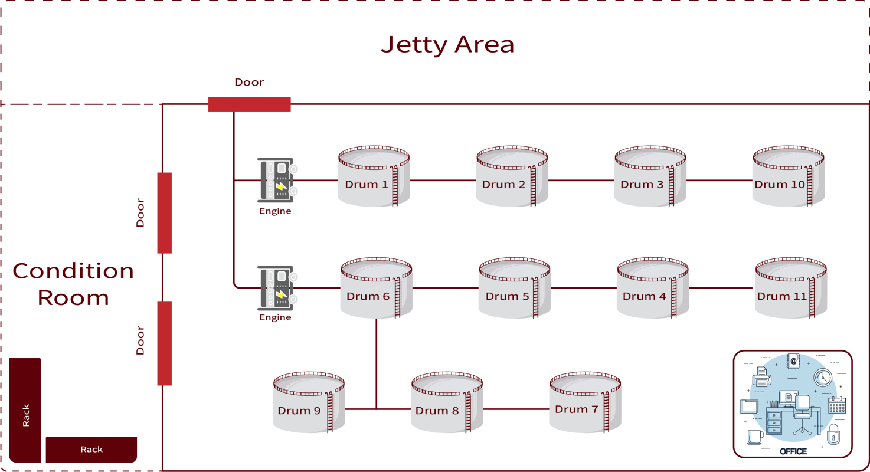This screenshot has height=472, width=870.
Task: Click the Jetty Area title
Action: coord(447,45)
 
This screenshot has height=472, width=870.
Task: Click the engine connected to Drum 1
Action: coord(276,180)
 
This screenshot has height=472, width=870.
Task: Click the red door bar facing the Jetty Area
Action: coord(249,104)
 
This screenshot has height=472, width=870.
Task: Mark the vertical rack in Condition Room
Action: coord(25,410)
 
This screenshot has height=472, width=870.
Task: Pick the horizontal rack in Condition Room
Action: coord(91,450)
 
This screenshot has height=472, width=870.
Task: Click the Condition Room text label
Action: coord(73,284)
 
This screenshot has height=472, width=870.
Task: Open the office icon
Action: coord(793,404)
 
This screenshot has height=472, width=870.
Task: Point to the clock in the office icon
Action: coord(822,377)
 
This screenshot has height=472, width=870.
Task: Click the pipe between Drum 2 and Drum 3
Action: coord(581,181)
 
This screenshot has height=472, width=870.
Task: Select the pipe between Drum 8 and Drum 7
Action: coord(516,409)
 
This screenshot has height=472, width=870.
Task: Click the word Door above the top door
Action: coord(249,83)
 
